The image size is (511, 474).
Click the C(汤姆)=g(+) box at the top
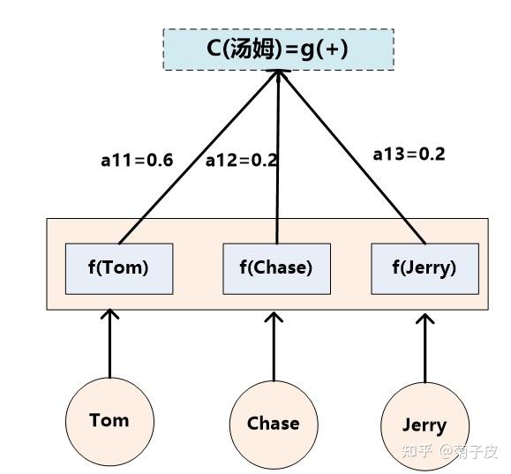click(x=278, y=49)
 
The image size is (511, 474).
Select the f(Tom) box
click(x=119, y=267)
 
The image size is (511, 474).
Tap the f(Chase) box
click(x=275, y=267)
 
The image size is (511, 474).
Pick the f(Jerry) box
click(x=424, y=267)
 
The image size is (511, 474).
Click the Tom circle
click(x=109, y=421)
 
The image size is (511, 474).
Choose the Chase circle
click(x=273, y=424)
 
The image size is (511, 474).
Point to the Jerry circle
click(x=424, y=425)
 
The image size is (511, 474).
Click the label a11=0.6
click(x=137, y=161)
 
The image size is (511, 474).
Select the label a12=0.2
click(x=241, y=161)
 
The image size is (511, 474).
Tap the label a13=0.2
click(x=409, y=154)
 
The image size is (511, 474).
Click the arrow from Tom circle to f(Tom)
click(x=109, y=344)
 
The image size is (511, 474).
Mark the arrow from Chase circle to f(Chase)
click(x=274, y=346)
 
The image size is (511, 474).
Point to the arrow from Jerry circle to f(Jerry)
click(x=425, y=349)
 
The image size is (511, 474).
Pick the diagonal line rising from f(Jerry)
click(x=353, y=159)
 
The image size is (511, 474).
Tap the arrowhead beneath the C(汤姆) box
click(x=279, y=78)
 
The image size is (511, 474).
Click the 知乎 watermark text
click(x=417, y=451)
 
